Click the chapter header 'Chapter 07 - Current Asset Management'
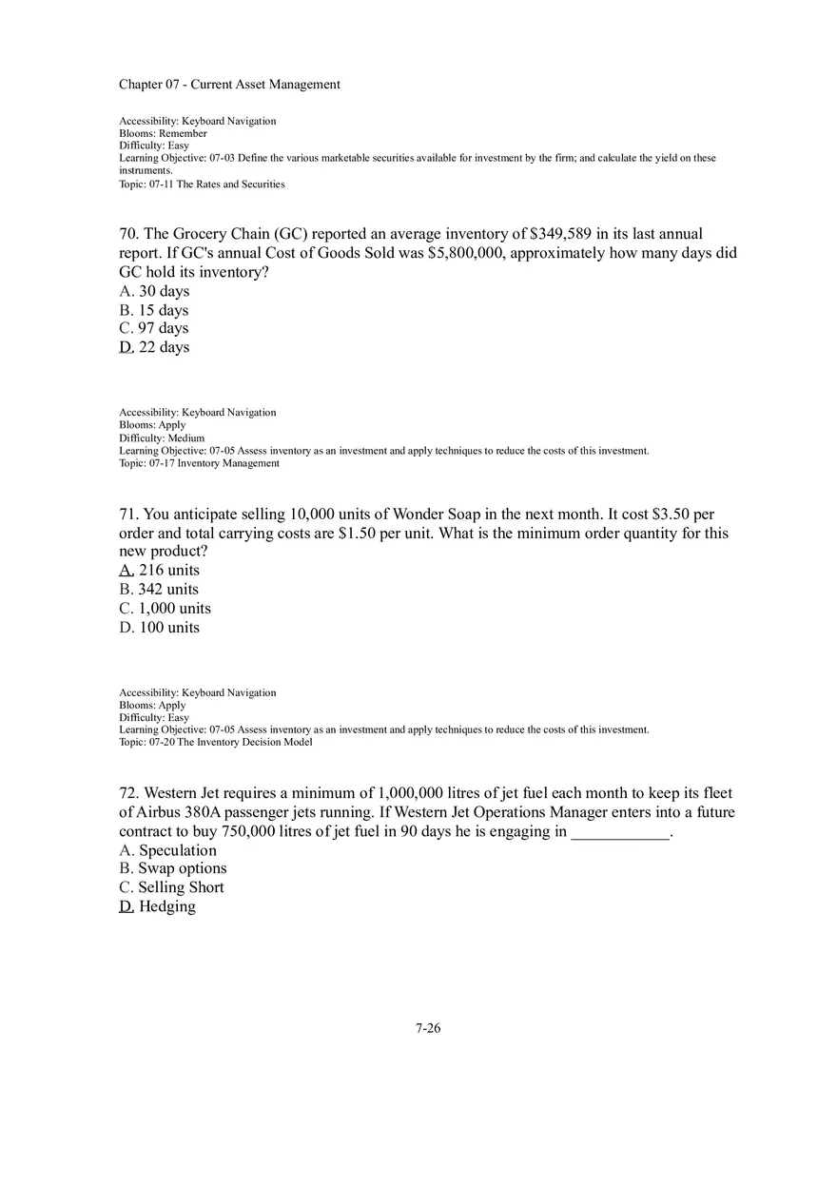[229, 85]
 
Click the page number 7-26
[428, 1028]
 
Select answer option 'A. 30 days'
[154, 291]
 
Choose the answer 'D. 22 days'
[154, 347]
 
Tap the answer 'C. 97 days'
[154, 328]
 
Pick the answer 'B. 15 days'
[154, 310]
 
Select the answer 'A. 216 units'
[159, 571]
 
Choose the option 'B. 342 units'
[159, 590]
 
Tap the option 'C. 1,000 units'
[165, 609]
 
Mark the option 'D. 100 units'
[159, 628]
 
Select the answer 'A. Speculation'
[167, 850]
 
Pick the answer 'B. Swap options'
[173, 868]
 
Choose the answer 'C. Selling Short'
[171, 887]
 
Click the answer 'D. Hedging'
[157, 906]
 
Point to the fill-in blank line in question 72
[620, 833]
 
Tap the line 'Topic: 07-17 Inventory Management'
[199, 463]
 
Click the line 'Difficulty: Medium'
[162, 438]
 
